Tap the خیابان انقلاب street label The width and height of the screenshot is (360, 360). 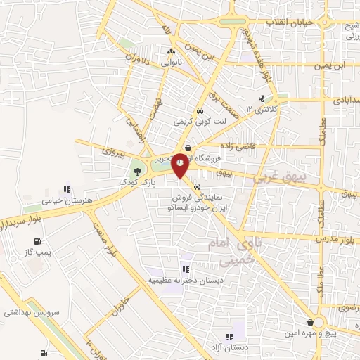coord(292,22)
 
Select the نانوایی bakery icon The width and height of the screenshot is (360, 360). coord(170,51)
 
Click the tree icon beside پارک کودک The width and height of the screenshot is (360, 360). coord(137,171)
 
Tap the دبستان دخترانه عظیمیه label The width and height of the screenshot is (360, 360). coord(184,280)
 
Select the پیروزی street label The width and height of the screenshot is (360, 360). coord(112,151)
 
